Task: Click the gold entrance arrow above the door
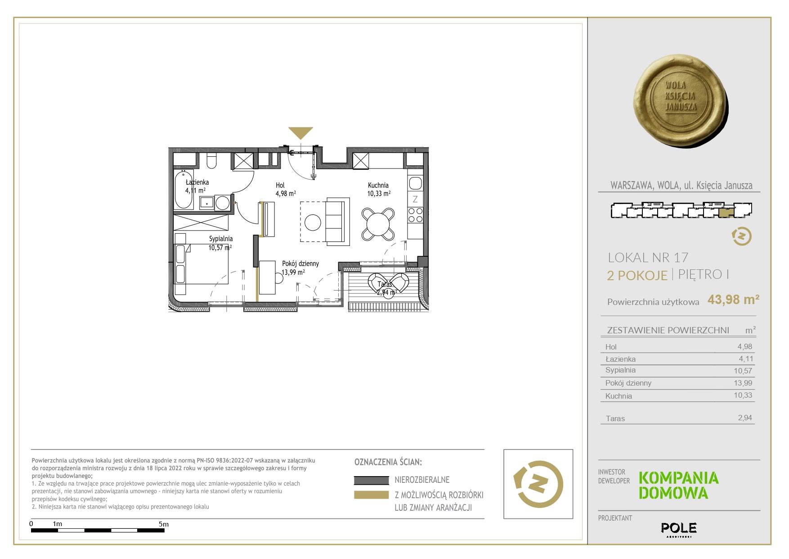click(x=300, y=132)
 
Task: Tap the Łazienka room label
click(x=197, y=182)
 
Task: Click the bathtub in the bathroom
click(x=184, y=190)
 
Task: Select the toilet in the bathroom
click(x=211, y=162)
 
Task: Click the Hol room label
click(x=280, y=185)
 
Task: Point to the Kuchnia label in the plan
click(x=378, y=185)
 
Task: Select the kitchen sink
click(x=415, y=183)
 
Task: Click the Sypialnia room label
click(x=221, y=239)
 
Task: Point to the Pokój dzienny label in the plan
click(x=300, y=264)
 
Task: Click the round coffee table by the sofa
click(x=313, y=222)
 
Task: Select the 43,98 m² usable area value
click(x=734, y=300)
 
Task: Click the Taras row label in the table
click(x=615, y=418)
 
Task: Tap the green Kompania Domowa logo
click(x=679, y=486)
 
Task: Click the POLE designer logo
click(x=679, y=528)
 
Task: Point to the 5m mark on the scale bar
click(x=164, y=524)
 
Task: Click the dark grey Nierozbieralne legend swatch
click(x=371, y=480)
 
